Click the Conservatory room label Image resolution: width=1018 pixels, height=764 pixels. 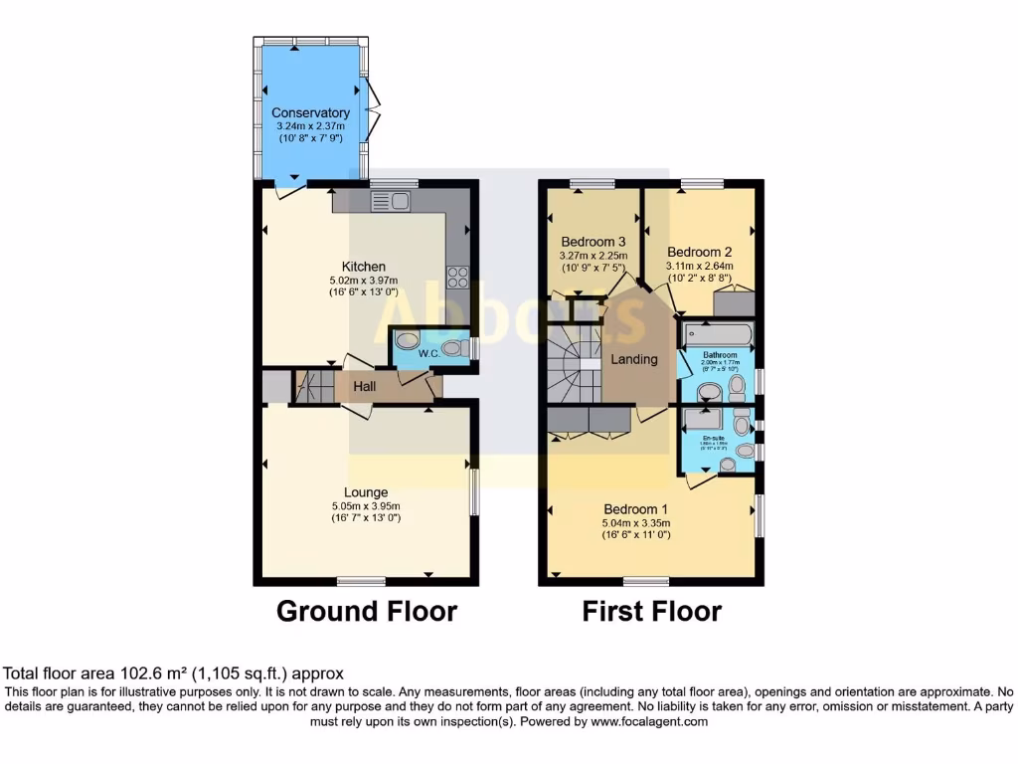310,113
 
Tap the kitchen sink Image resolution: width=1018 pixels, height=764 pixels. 391,202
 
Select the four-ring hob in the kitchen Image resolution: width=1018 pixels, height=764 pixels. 459,275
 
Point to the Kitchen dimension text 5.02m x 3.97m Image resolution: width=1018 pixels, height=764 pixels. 364,280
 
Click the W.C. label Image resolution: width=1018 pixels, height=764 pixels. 429,352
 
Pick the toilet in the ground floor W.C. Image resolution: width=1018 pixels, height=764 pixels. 454,348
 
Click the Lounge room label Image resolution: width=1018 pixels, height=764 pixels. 366,492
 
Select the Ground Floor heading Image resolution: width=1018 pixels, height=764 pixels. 366,611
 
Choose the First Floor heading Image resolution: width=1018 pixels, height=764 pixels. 651,611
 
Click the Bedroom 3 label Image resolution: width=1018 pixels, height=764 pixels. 593,242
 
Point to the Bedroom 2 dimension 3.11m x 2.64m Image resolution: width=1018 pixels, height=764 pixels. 699,266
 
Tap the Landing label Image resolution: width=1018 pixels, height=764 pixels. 633,359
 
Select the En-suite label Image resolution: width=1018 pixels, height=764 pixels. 714,438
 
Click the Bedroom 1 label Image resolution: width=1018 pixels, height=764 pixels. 635,509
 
